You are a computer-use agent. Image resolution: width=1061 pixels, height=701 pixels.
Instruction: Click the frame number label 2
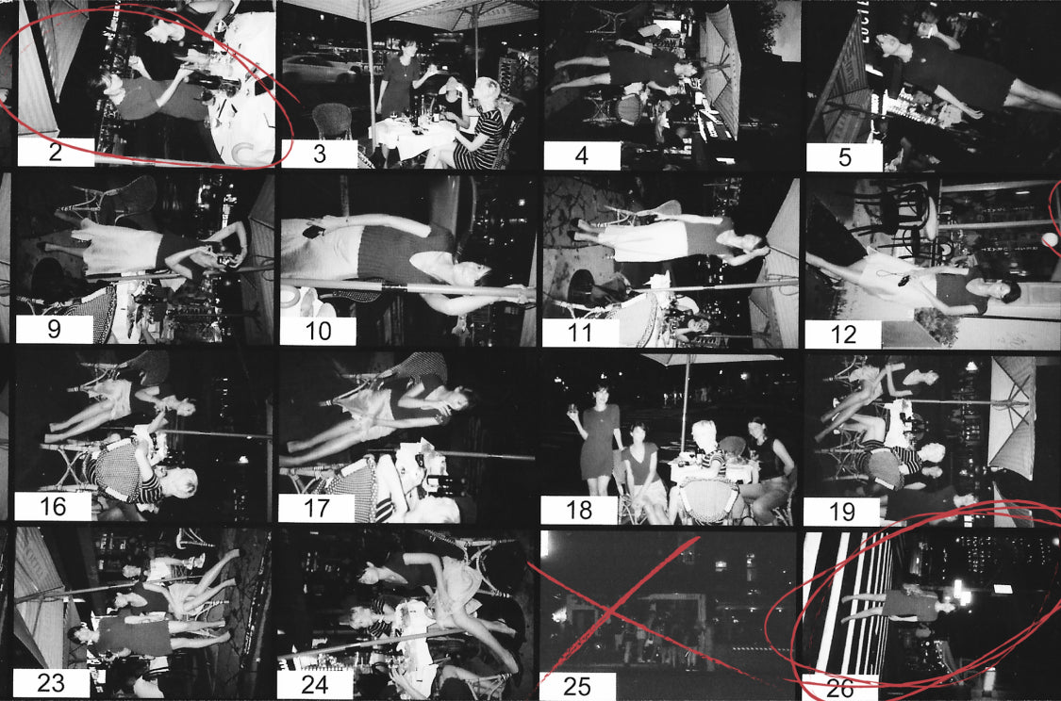56,152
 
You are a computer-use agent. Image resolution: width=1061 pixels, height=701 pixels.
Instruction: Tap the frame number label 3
320,155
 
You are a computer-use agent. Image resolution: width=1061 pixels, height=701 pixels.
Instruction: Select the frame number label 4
582,156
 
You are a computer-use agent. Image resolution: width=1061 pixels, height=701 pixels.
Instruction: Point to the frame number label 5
844,157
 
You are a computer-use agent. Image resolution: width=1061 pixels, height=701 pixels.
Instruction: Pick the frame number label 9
54,329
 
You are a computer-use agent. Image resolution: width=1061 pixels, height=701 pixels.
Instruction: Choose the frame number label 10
318,332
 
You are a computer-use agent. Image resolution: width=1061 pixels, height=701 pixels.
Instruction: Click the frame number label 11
581,333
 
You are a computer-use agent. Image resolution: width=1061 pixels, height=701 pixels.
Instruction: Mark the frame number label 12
843,334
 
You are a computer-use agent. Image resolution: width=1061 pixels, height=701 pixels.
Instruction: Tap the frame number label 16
53,506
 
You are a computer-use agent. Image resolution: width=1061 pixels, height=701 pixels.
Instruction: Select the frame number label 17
317,508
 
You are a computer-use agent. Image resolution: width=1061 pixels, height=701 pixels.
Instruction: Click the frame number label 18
579,510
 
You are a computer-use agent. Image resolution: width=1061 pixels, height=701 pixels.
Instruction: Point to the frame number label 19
842,512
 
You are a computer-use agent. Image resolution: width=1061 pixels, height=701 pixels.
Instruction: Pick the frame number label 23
52,683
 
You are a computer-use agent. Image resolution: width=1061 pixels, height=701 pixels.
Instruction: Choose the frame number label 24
315,685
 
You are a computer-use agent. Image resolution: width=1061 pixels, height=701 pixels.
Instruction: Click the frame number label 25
577,686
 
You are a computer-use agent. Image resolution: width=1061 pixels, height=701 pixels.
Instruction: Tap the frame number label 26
839,688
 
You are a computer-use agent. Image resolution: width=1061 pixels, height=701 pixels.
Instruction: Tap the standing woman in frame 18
598,439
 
